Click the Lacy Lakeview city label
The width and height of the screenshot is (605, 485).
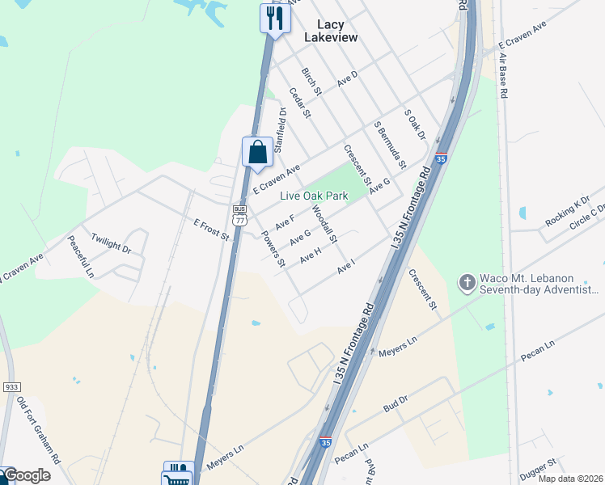pyautogui.click(x=330, y=30)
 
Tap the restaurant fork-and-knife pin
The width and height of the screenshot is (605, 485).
pyautogui.click(x=275, y=18)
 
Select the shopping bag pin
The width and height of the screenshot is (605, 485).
pyautogui.click(x=257, y=152)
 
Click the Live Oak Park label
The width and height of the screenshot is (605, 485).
pyautogui.click(x=314, y=196)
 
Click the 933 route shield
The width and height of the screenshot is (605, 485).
pyautogui.click(x=10, y=388)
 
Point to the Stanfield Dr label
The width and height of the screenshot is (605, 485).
pyautogui.click(x=281, y=130)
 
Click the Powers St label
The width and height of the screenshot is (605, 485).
pyautogui.click(x=273, y=250)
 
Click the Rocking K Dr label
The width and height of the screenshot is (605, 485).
pyautogui.click(x=568, y=212)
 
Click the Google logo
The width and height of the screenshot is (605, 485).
pyautogui.click(x=26, y=475)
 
